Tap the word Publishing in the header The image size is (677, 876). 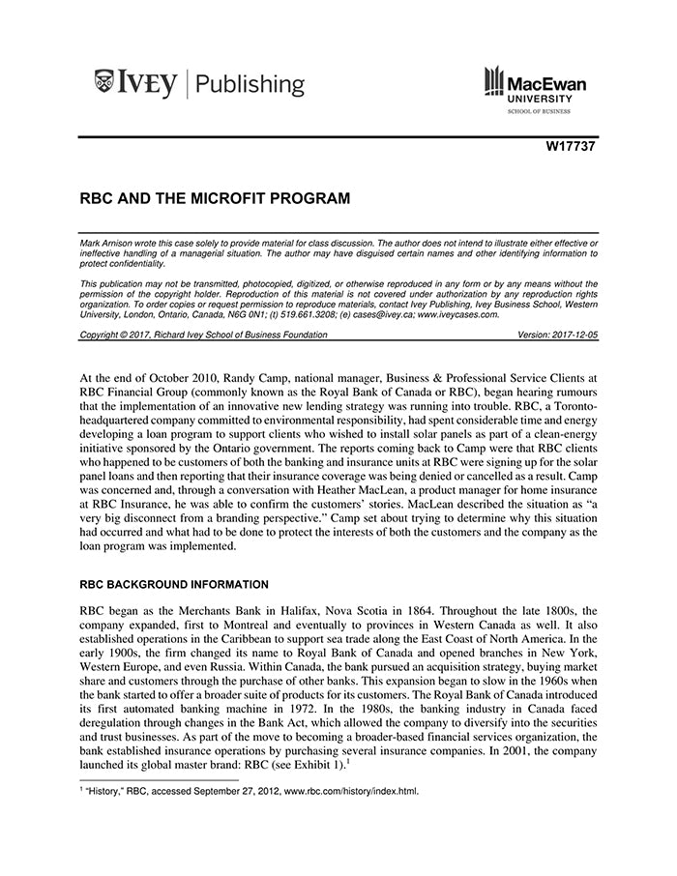(x=250, y=84)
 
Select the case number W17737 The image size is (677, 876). (x=572, y=148)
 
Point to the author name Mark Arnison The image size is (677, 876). (x=108, y=242)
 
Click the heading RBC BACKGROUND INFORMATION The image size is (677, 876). (x=179, y=584)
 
